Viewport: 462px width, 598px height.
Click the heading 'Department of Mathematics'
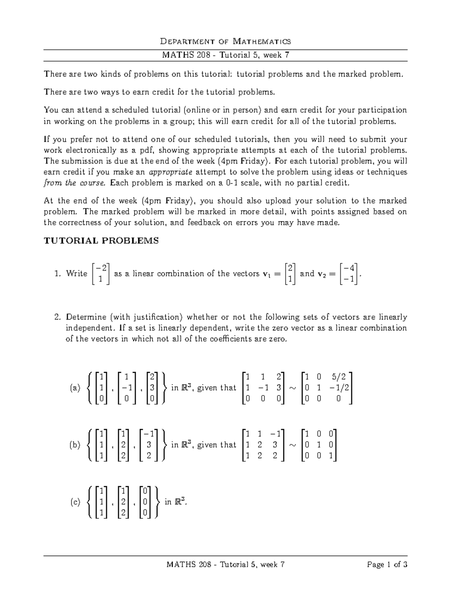[x=225, y=41]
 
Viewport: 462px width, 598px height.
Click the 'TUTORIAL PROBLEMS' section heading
[x=101, y=241]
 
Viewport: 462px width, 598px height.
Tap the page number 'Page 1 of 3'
[x=387, y=565]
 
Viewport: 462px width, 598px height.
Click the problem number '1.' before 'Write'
[x=58, y=274]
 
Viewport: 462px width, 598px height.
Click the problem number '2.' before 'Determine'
[x=58, y=317]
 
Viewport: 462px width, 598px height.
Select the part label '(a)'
[x=75, y=388]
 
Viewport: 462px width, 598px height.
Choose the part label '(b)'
[x=75, y=445]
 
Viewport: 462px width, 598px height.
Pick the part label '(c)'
[x=75, y=502]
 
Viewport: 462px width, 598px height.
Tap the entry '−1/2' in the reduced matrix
[x=338, y=388]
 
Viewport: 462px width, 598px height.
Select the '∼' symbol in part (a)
[x=293, y=388]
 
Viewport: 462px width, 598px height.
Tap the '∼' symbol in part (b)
[x=293, y=445]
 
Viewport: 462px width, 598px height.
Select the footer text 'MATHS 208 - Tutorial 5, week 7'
[x=225, y=565]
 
